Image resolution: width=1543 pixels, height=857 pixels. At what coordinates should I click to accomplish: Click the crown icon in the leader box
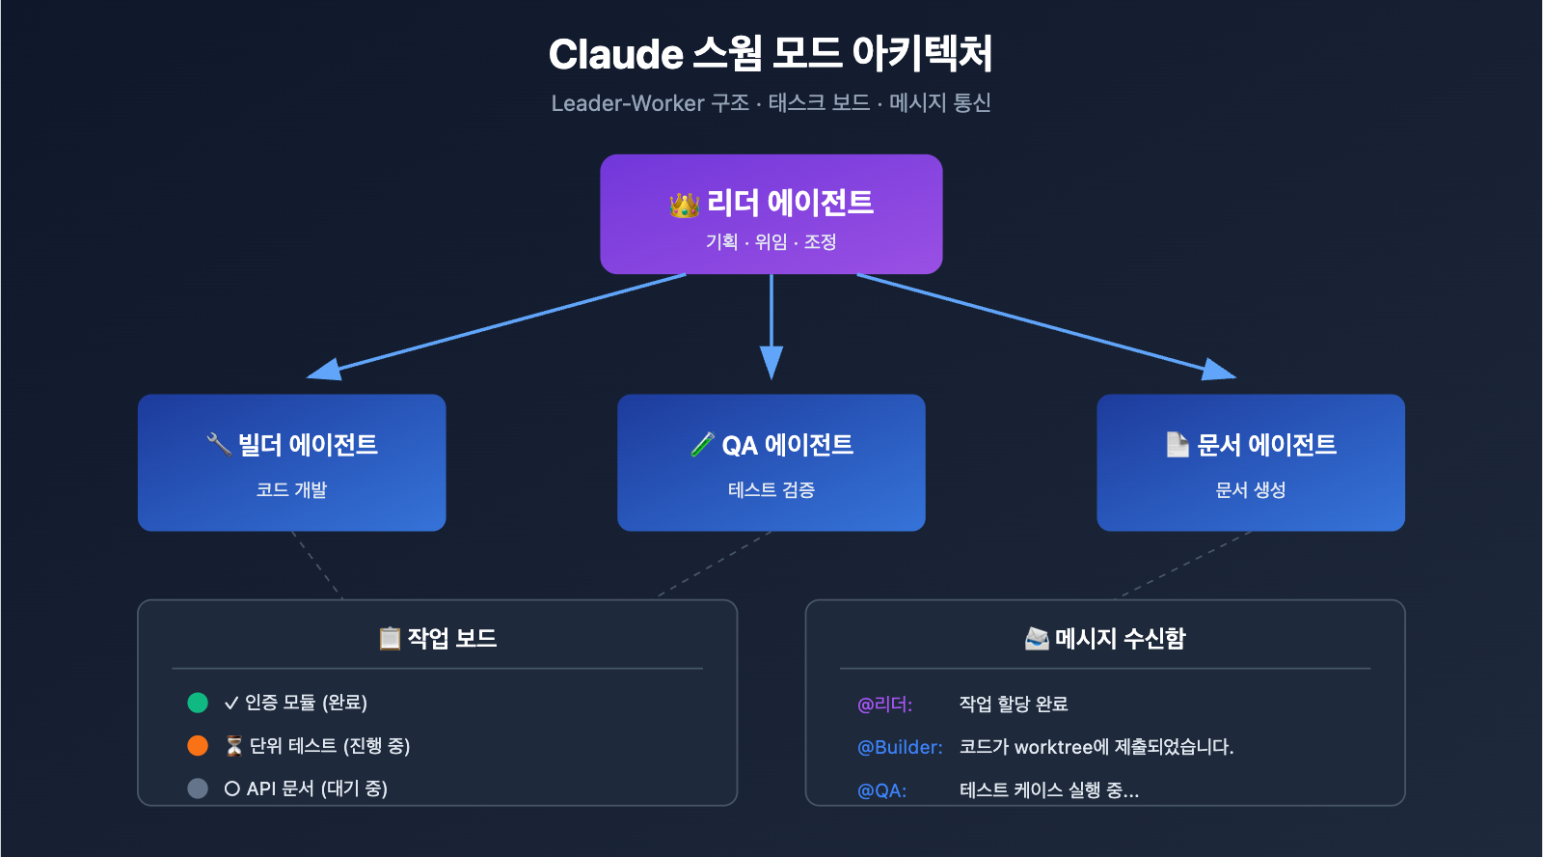pos(685,205)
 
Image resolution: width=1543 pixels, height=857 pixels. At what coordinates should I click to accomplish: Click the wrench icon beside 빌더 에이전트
pos(219,444)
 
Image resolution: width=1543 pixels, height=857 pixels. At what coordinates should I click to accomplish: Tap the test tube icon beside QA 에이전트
pos(703,445)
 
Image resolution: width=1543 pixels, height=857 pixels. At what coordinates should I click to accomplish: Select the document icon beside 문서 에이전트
pos(1177,444)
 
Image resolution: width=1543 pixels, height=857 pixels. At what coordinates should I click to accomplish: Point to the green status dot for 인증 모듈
pos(198,703)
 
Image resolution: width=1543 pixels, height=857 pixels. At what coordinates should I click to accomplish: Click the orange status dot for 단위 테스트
pos(198,746)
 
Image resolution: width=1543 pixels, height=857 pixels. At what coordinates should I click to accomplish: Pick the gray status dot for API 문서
pos(198,788)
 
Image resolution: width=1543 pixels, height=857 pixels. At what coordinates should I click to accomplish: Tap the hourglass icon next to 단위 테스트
pos(233,746)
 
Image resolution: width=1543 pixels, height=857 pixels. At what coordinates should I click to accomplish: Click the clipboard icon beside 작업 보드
pos(390,638)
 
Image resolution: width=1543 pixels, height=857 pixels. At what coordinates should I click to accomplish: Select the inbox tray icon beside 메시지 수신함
pos(1037,638)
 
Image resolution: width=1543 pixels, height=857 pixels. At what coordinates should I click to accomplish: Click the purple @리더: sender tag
pos(884,705)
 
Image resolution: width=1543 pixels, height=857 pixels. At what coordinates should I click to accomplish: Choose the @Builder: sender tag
pos(900,747)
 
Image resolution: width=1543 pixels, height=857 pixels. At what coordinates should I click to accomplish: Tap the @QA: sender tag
pos(881,790)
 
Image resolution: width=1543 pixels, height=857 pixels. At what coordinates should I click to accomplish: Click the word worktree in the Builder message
pos(1054,747)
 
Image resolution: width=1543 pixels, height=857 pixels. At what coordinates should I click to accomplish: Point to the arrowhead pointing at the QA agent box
pos(771,364)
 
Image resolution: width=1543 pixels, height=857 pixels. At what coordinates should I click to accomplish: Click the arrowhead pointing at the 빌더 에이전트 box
pos(323,370)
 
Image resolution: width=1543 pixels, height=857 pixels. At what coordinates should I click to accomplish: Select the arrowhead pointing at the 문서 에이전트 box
pos(1220,370)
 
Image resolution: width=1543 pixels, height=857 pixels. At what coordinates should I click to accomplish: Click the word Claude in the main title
pos(615,54)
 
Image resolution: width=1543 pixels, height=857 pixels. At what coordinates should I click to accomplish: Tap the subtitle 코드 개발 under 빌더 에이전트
pos(291,490)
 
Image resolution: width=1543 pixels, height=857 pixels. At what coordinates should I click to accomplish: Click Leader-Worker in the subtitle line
pos(628,103)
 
